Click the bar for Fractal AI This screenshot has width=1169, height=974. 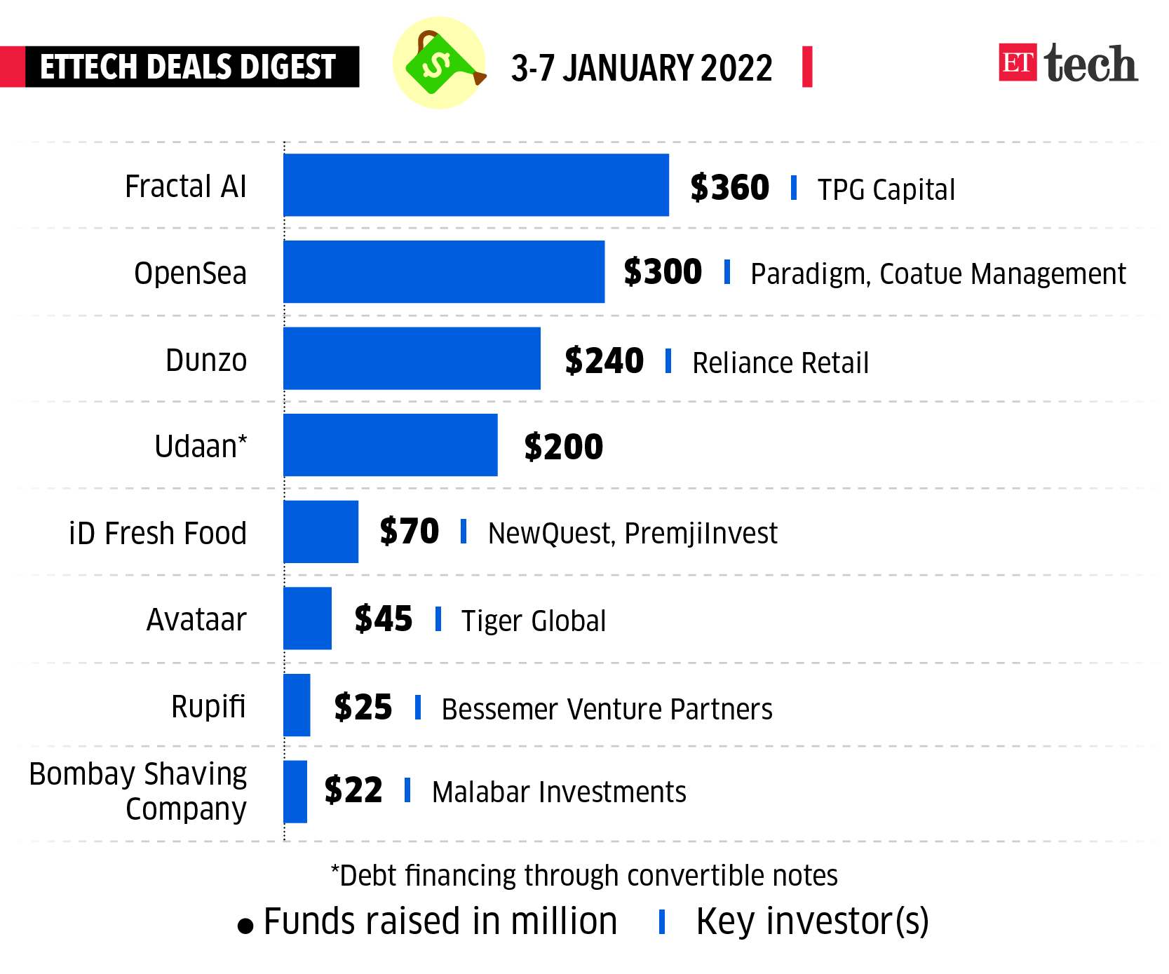coord(475,185)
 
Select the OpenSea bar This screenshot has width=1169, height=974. coord(443,272)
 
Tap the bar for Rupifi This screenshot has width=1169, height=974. coord(297,705)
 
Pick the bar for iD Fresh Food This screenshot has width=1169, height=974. coord(320,532)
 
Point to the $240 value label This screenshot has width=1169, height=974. coord(604,361)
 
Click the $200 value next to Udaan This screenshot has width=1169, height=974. coord(563,447)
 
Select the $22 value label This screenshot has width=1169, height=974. coord(353,791)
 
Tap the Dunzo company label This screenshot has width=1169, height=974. coord(206,360)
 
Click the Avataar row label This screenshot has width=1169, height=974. coord(196,620)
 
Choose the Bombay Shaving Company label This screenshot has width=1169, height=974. coord(138,792)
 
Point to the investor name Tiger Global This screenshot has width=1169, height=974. coord(533,621)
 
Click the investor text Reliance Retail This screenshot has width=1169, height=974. coord(780,363)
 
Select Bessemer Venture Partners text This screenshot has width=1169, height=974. coord(607,709)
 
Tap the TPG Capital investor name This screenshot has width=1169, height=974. coord(886,190)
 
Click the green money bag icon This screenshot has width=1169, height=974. coord(439,63)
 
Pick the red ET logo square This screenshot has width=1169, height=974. coord(1018,62)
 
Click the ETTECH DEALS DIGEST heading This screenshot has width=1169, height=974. coord(188,67)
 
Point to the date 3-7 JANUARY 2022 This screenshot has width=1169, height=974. coord(641,68)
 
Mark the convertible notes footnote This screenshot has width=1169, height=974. coord(584,876)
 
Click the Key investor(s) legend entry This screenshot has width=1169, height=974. coord(811,921)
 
